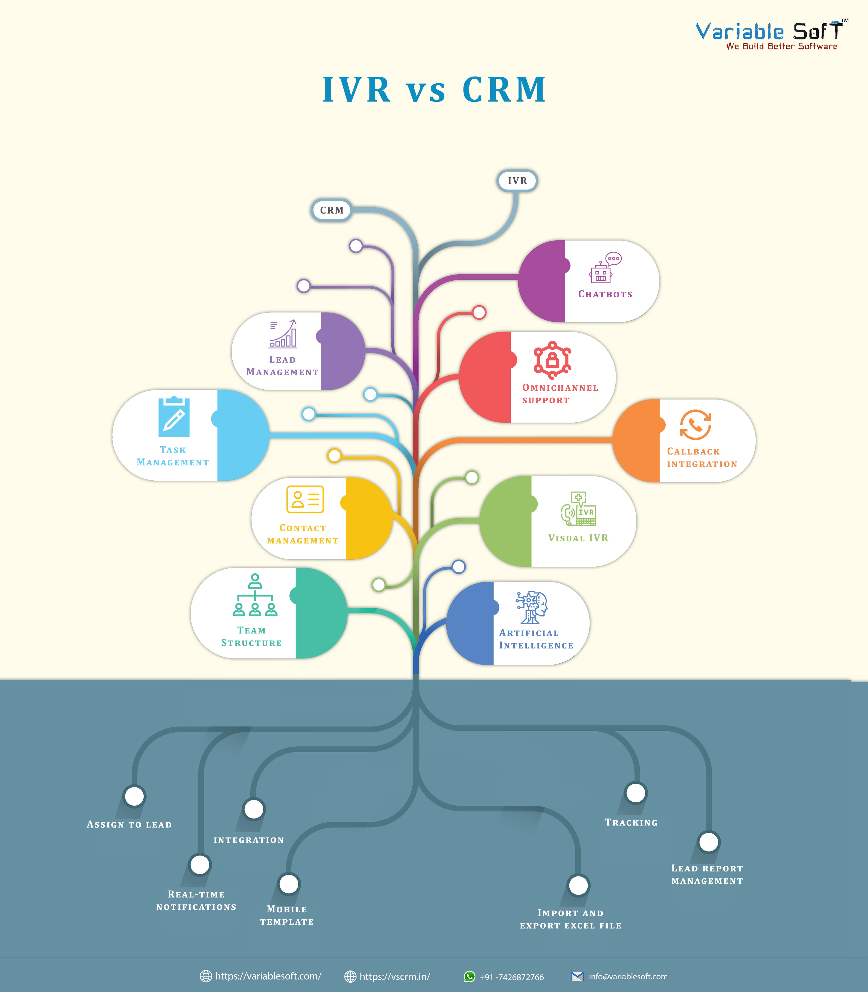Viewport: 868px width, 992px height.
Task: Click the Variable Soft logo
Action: pos(770,35)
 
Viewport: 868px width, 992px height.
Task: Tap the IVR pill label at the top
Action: pos(517,181)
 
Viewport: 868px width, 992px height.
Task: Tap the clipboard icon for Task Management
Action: pos(174,417)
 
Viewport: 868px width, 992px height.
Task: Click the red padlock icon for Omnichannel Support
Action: pos(552,360)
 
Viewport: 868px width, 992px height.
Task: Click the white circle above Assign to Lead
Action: pos(134,796)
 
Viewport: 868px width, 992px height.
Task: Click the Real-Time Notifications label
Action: pos(196,900)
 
